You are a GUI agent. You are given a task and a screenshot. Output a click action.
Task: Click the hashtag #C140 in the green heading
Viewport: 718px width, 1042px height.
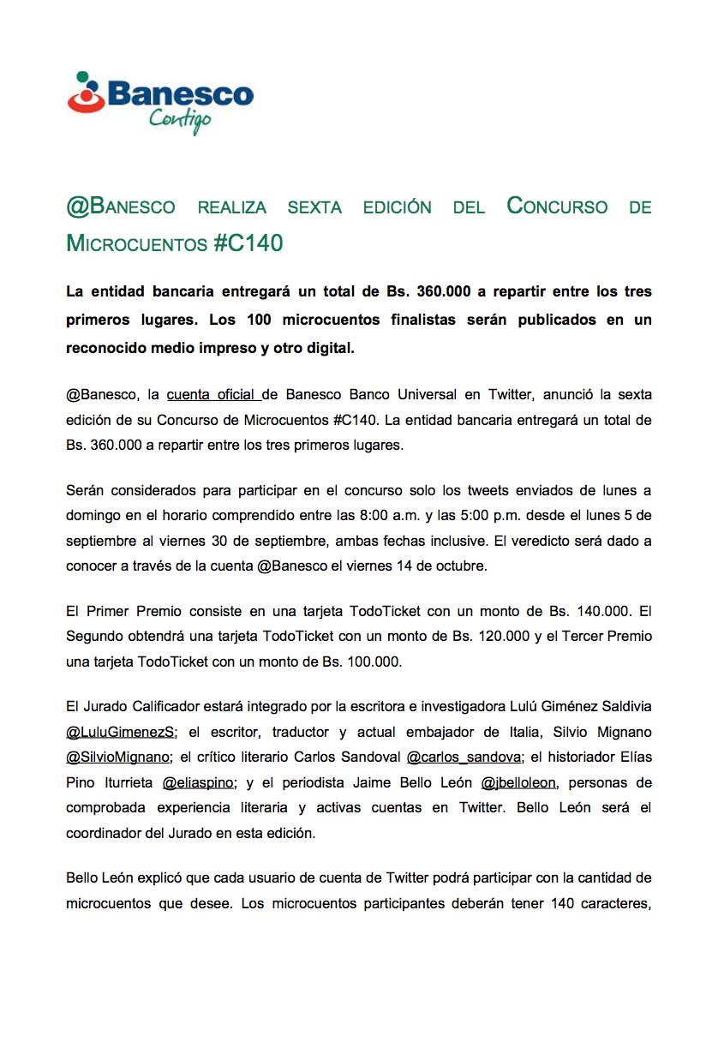(248, 243)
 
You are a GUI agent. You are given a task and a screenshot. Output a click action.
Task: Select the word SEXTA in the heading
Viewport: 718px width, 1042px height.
(314, 207)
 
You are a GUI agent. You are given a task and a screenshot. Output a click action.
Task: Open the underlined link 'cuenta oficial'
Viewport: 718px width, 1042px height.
(212, 395)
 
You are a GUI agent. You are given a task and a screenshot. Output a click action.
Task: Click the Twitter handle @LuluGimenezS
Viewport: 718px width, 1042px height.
(120, 733)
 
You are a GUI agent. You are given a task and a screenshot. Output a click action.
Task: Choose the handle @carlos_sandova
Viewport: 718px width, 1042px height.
(463, 758)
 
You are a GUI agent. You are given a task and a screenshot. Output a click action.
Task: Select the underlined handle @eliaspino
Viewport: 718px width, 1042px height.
(197, 782)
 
